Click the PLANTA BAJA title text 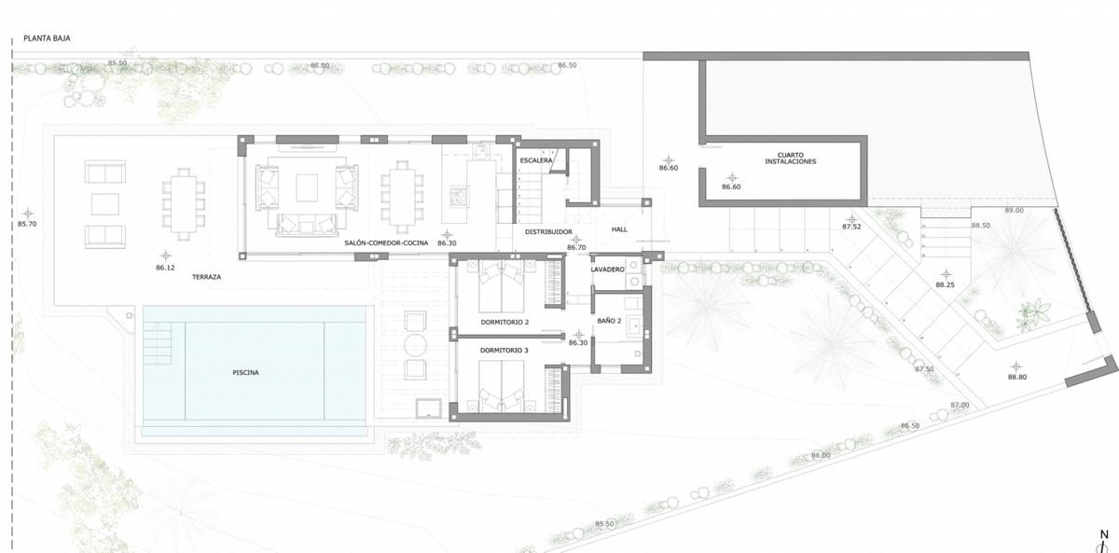click(x=48, y=39)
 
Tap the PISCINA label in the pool click(x=245, y=372)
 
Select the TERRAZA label click(x=207, y=277)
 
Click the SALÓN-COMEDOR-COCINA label click(x=386, y=242)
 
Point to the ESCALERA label click(x=537, y=160)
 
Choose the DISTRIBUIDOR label click(x=547, y=231)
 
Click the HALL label click(x=620, y=229)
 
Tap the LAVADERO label click(x=608, y=270)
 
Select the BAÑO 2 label click(x=610, y=321)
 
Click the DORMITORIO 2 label click(x=504, y=322)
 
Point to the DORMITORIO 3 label click(x=504, y=350)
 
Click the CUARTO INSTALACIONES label click(x=790, y=159)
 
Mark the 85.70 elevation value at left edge click(x=28, y=224)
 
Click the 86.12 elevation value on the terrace click(x=165, y=268)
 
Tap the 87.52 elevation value click(x=851, y=227)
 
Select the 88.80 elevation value click(x=1016, y=377)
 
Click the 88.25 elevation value click(x=946, y=284)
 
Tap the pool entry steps click(x=158, y=344)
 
